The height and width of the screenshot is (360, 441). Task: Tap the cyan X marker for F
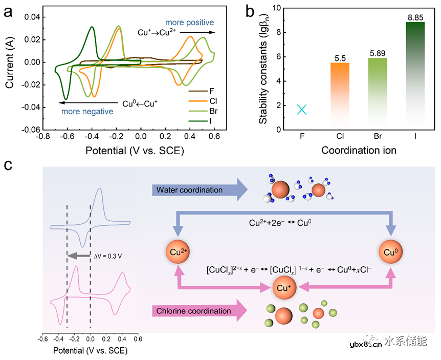point(302,109)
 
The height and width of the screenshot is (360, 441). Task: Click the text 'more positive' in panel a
point(189,23)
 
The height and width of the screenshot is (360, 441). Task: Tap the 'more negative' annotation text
point(87,111)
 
